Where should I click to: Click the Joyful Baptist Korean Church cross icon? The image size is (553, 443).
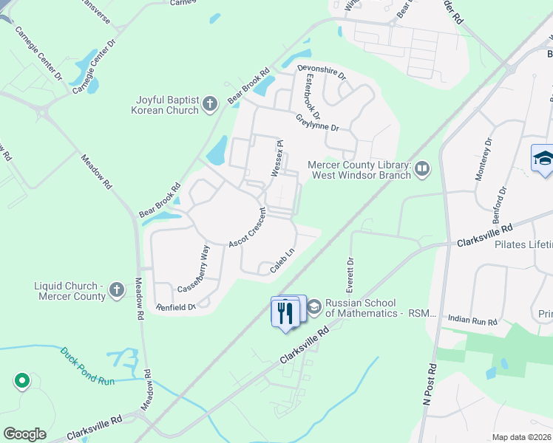click(x=209, y=104)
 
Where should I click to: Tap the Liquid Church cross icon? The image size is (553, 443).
click(x=116, y=290)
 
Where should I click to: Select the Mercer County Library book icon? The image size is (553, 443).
click(x=421, y=170)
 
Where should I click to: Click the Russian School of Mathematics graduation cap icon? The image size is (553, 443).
click(x=314, y=306)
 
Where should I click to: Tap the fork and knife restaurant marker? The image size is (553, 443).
click(x=285, y=312)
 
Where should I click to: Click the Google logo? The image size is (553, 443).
click(x=24, y=434)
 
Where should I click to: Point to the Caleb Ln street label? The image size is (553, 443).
click(x=282, y=261)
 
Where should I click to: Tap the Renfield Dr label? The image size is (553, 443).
click(x=175, y=306)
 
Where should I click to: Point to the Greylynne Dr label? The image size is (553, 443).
click(x=316, y=122)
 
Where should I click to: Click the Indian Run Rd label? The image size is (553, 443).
click(x=473, y=320)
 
